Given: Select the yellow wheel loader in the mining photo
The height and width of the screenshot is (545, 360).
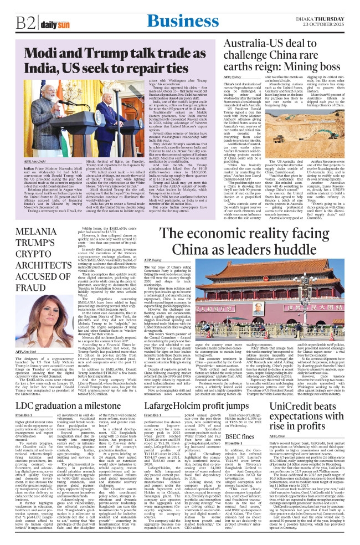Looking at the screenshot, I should [307, 133].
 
